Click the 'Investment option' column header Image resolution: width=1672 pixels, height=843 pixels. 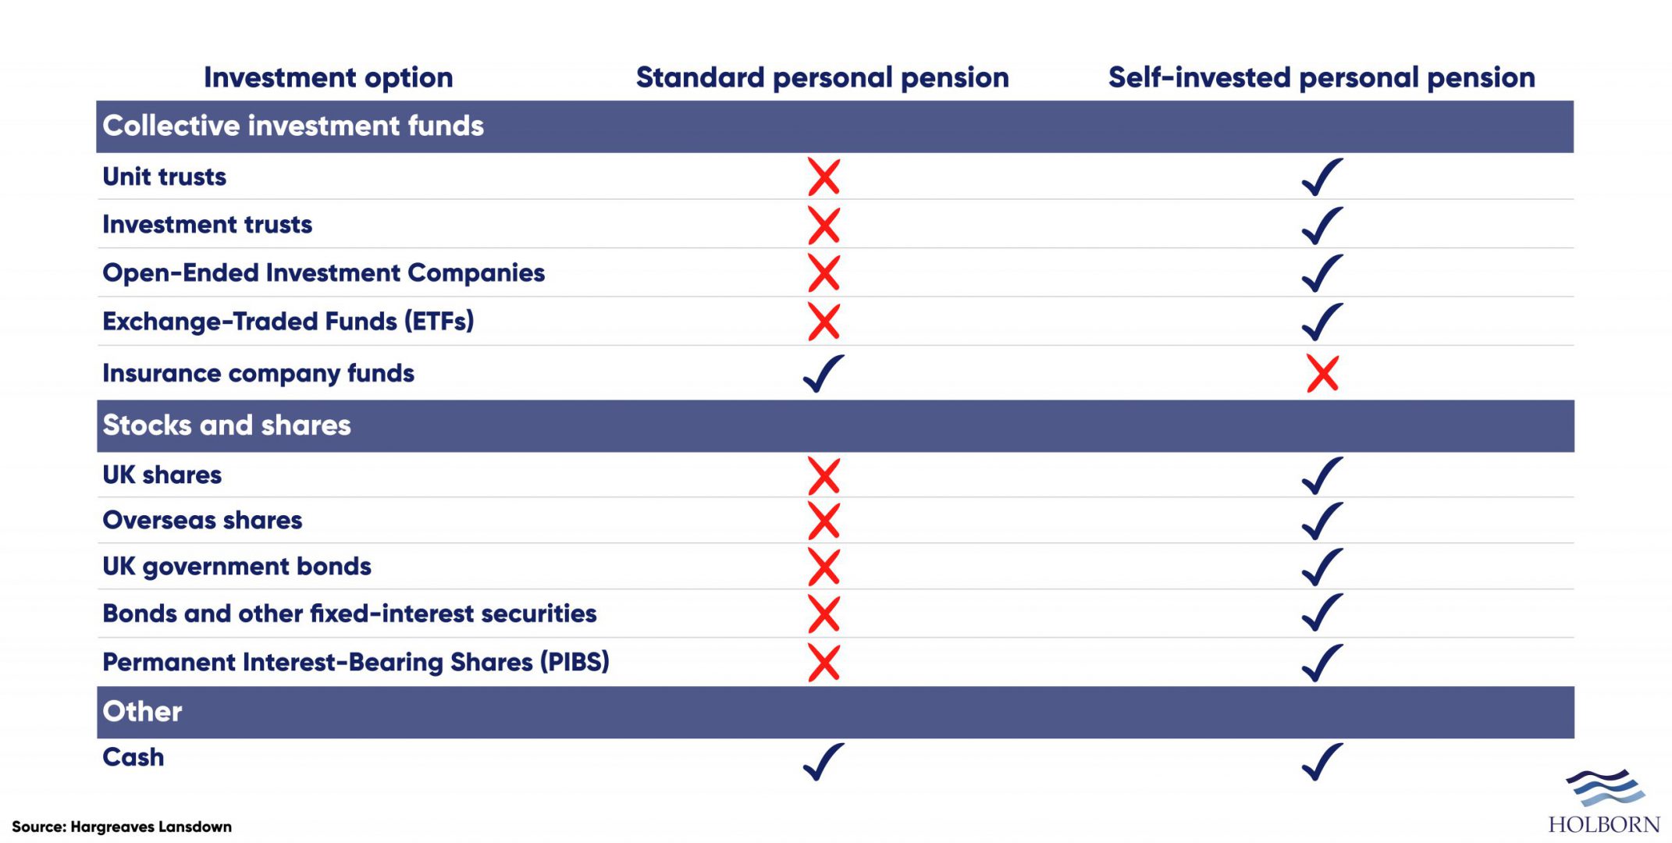pyautogui.click(x=328, y=78)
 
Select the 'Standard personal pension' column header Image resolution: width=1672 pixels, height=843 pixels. pyautogui.click(x=823, y=78)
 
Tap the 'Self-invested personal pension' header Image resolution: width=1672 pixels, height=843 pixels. pyautogui.click(x=1322, y=78)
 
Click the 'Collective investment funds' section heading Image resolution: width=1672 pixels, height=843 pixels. pyautogui.click(x=293, y=126)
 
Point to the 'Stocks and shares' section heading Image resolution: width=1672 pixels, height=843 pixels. pyautogui.click(x=226, y=425)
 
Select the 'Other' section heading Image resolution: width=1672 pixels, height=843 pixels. pyautogui.click(x=142, y=711)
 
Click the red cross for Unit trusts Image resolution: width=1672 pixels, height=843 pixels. pyautogui.click(x=824, y=177)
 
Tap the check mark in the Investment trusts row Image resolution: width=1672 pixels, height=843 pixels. pyautogui.click(x=1322, y=226)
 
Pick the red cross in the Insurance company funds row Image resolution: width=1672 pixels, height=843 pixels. pyautogui.click(x=1323, y=374)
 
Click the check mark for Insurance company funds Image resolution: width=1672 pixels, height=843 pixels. pyautogui.click(x=824, y=373)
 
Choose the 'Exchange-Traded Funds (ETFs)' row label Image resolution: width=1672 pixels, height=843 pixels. pyautogui.click(x=288, y=322)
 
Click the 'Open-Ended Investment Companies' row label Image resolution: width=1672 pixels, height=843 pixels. pyautogui.click(x=323, y=273)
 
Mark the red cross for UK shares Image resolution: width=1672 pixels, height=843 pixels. pyautogui.click(x=824, y=476)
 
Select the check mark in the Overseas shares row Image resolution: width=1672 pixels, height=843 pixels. pyautogui.click(x=1322, y=521)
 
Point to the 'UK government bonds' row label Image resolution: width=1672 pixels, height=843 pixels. pyautogui.click(x=237, y=567)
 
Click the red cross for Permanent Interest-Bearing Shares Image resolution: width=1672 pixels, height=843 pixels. pyautogui.click(x=824, y=663)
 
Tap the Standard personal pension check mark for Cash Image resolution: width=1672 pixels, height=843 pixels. pyautogui.click(x=824, y=761)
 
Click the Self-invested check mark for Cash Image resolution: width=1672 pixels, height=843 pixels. pyautogui.click(x=1322, y=761)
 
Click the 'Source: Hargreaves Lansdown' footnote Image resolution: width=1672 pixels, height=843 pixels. pyautogui.click(x=122, y=827)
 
